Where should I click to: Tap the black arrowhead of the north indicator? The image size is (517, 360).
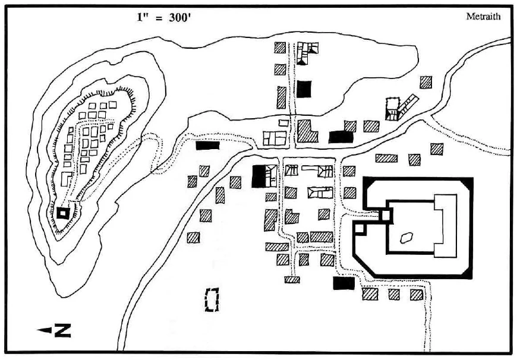[x=42, y=330]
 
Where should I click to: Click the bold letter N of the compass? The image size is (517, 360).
[x=62, y=330]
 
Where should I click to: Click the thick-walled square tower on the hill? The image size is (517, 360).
[x=63, y=212]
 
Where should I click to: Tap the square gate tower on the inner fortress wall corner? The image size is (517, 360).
[x=386, y=215]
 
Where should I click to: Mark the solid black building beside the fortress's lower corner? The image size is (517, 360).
[x=343, y=284]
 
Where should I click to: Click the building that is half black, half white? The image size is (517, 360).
[x=264, y=176]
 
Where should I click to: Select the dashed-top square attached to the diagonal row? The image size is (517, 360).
[x=392, y=106]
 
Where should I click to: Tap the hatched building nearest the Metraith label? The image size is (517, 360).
[x=425, y=83]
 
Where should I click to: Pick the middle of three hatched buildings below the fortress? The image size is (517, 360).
[x=393, y=293]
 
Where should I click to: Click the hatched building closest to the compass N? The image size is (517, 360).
[x=193, y=238]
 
